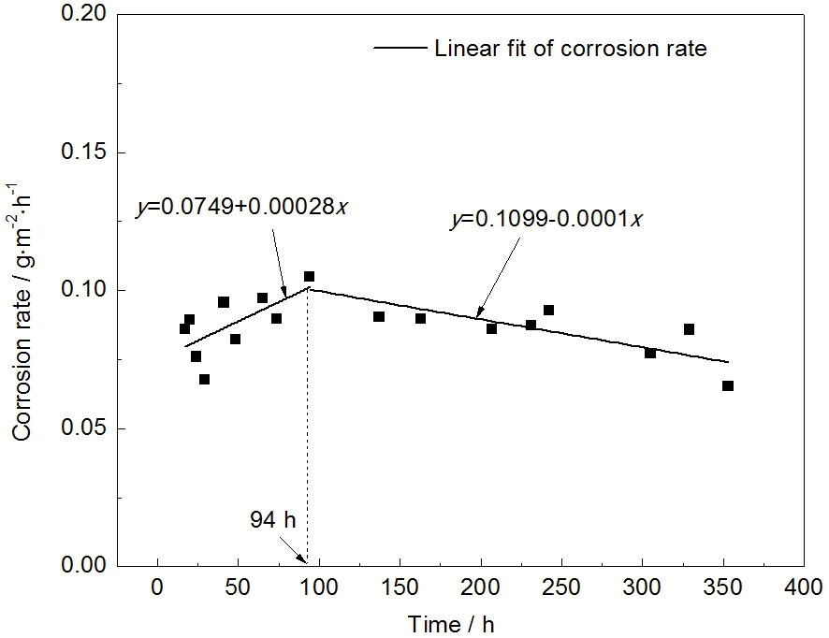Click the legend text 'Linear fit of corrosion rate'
571,49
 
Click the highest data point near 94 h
309,276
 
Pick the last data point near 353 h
728,385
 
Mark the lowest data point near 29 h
204,379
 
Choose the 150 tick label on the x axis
400,589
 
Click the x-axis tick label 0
157,589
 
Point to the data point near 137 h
379,316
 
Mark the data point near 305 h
650,353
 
